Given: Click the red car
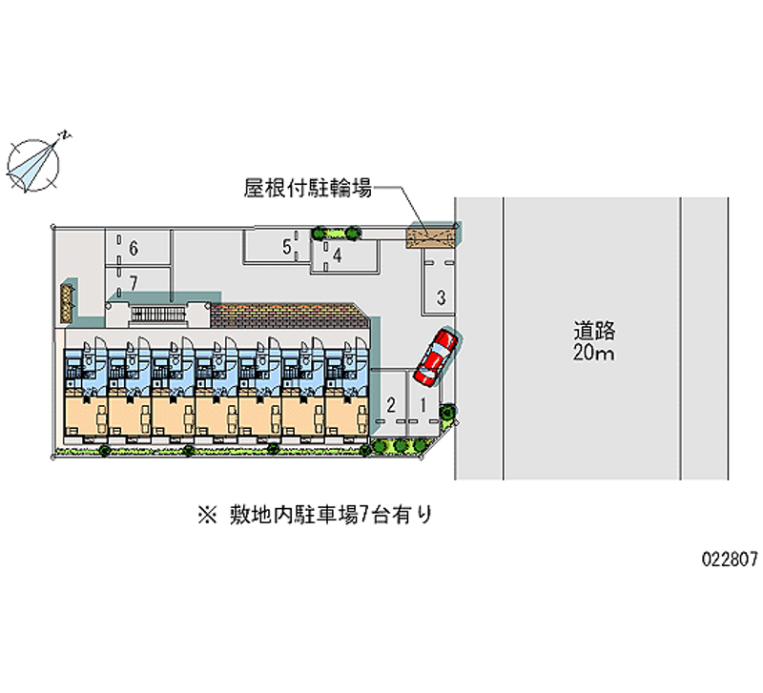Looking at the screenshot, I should click(x=435, y=357).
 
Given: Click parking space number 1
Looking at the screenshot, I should click(x=422, y=404).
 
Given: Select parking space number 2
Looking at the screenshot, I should click(x=391, y=404).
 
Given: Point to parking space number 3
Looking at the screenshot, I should click(x=440, y=296).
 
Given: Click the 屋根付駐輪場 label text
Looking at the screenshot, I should click(x=307, y=189).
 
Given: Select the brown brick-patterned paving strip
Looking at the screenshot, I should click(x=286, y=316).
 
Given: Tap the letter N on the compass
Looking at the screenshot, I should click(x=64, y=135).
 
